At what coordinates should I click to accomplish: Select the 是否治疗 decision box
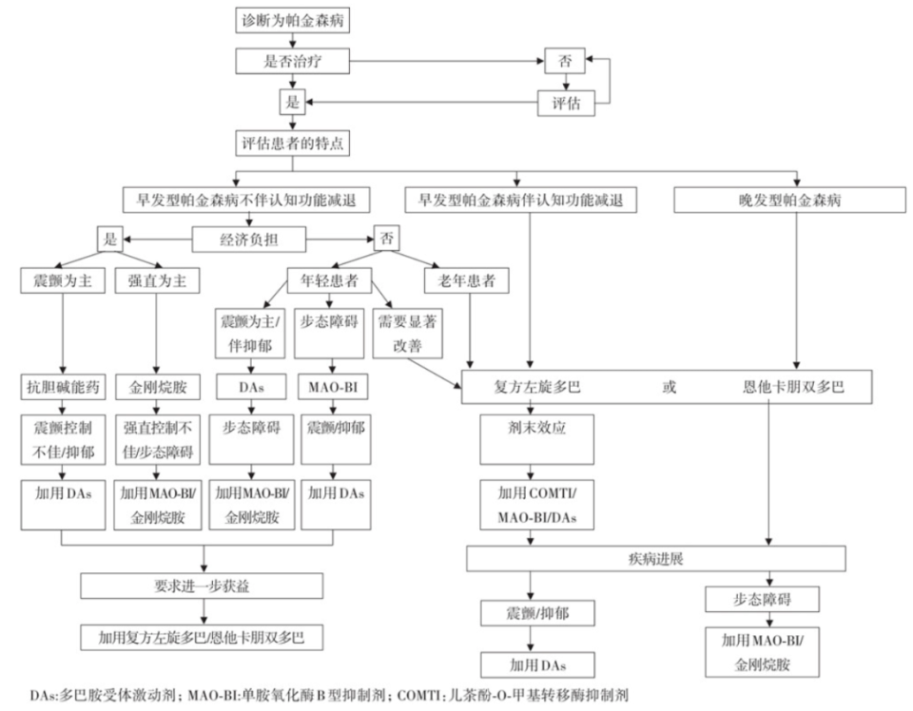pos(291,61)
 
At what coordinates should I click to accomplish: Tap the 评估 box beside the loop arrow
pos(566,103)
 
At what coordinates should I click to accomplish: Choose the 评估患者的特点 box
pos(291,144)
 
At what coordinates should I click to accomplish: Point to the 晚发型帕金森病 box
pos(788,201)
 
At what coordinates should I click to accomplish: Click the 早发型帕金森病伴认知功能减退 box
pos(520,201)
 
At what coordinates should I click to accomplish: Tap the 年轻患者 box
pos(328,280)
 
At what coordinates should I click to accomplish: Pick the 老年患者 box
pos(466,280)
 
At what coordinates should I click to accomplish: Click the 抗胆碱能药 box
pos(62,388)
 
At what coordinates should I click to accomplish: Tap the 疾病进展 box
pos(656,558)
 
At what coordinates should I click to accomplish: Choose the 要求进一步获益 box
pos(204,586)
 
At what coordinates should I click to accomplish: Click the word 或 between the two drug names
pos(670,388)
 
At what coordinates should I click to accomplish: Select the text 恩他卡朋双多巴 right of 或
pos(792,388)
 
